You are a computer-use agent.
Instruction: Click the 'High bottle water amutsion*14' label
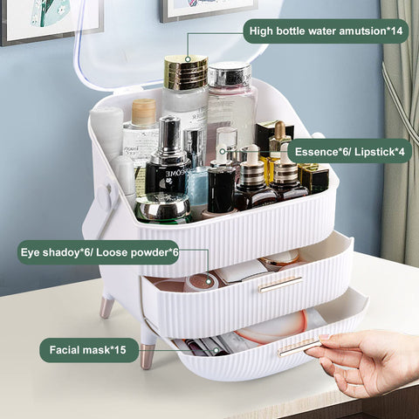click(326, 31)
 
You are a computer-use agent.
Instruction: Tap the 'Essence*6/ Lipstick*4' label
click(349, 150)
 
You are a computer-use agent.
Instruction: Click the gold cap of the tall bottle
click(185, 72)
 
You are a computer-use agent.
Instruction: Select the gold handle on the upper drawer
click(280, 283)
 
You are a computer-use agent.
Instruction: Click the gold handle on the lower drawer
click(299, 347)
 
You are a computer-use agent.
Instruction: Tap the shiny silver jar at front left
click(162, 208)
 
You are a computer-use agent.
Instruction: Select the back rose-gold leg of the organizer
click(106, 306)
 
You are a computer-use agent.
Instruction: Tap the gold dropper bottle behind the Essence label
click(278, 140)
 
